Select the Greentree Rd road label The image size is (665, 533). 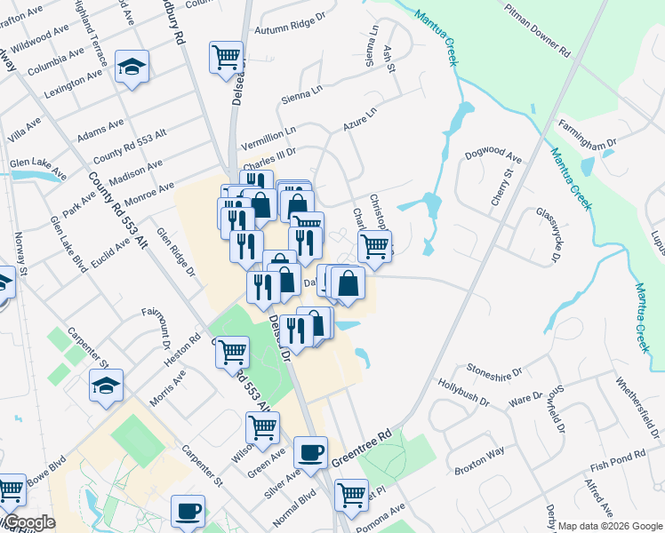coord(362,449)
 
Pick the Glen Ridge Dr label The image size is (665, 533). coord(175,253)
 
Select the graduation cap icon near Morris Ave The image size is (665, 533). coord(106,385)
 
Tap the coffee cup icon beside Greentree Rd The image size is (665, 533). coord(310,452)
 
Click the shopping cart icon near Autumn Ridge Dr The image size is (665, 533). coord(227,57)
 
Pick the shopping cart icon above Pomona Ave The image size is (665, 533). coord(352,493)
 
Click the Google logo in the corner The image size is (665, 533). coord(29,523)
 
